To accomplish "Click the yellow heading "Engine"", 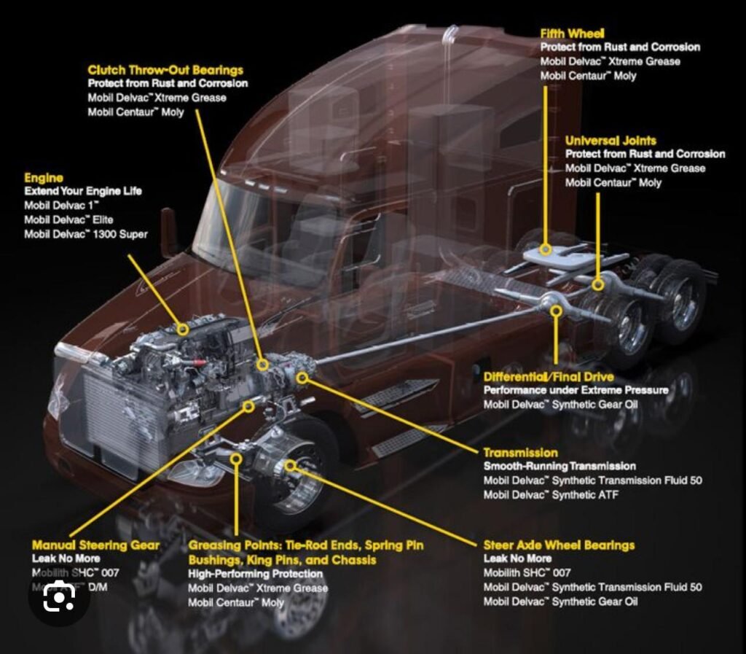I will (44, 177).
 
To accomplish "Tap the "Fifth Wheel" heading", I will (572, 34).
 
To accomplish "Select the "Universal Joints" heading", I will (610, 140).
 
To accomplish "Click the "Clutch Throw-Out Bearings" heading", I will (165, 70).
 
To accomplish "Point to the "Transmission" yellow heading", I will (520, 453).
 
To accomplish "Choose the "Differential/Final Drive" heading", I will (549, 376).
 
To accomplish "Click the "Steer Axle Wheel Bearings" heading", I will (559, 545).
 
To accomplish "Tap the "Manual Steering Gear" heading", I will (95, 545).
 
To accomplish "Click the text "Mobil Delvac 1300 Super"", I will (85, 234).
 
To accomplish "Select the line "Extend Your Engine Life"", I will (82, 191).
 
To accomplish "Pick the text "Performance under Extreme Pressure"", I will (576, 390).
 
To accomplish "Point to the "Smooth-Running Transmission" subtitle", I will (559, 466).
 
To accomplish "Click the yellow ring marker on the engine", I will (183, 330).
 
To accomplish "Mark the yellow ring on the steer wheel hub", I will (290, 465).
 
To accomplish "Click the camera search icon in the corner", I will (58, 598).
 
